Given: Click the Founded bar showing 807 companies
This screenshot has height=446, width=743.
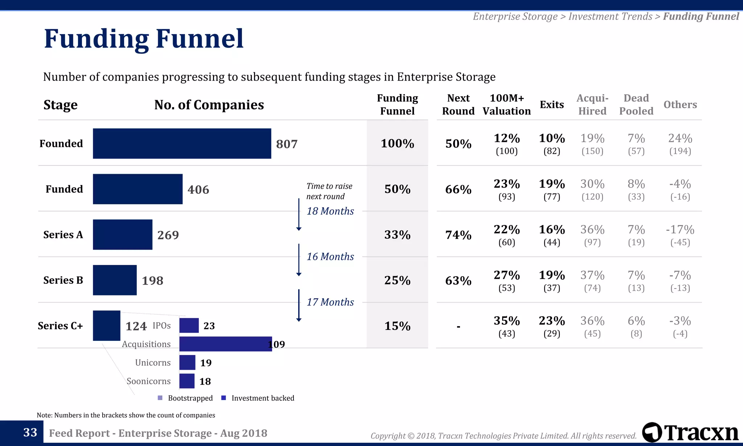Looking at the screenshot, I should pos(182,143).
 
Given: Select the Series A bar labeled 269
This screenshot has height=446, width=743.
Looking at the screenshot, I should pos(122,234).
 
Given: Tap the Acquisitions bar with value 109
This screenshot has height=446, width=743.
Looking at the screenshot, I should pos(225,344).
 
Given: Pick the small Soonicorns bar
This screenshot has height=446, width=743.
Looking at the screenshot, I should pos(187,381).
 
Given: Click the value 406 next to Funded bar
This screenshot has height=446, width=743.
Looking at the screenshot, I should pos(198,189).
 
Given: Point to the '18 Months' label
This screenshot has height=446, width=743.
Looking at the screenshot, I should pos(330,211).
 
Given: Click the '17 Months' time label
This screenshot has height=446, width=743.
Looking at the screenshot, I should pos(330,302).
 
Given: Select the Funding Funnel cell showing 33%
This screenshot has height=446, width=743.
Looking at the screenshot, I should pos(397,235).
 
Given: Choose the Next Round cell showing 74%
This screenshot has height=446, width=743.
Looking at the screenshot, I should pos(458,235).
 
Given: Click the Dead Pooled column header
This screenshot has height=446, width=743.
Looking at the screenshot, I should pos(636,105).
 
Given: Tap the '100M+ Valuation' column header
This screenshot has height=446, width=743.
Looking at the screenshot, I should pos(506,105).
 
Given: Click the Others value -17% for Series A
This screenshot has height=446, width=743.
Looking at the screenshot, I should pos(680,230).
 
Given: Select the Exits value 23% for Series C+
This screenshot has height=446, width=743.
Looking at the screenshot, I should pos(551,321).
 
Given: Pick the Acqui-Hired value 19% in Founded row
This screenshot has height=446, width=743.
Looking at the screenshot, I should pos(592,139).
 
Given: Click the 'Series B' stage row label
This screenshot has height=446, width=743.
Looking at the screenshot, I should pos(63,280).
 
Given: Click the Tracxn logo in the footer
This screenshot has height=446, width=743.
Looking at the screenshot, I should pos(690,432).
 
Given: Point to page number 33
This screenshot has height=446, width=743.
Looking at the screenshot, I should pos(30,433).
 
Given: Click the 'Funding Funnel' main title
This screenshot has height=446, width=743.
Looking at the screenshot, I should pos(144,39).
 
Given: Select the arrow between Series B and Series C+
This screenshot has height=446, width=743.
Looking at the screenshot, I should pos(299,305).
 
